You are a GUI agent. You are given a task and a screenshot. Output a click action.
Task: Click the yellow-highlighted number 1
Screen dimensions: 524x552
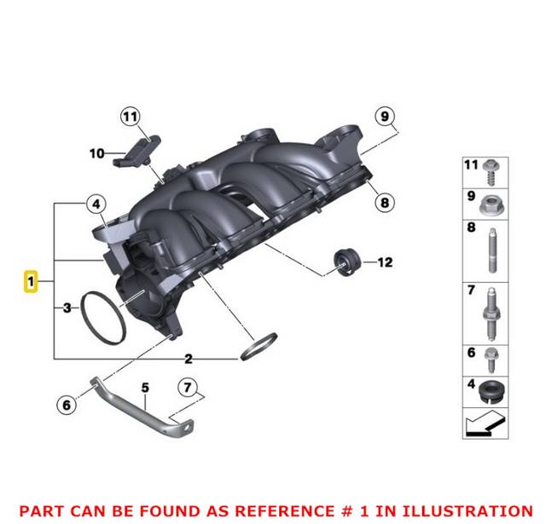click(30, 281)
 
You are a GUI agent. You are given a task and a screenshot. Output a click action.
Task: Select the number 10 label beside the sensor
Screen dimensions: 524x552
click(96, 153)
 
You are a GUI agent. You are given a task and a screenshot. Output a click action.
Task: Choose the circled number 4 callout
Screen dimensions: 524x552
click(96, 204)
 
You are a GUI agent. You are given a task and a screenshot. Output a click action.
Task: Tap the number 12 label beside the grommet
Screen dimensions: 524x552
click(385, 262)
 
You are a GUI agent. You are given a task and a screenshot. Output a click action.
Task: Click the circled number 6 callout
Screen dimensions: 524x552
click(67, 405)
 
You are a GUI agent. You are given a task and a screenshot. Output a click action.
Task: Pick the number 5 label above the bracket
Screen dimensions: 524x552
click(145, 389)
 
